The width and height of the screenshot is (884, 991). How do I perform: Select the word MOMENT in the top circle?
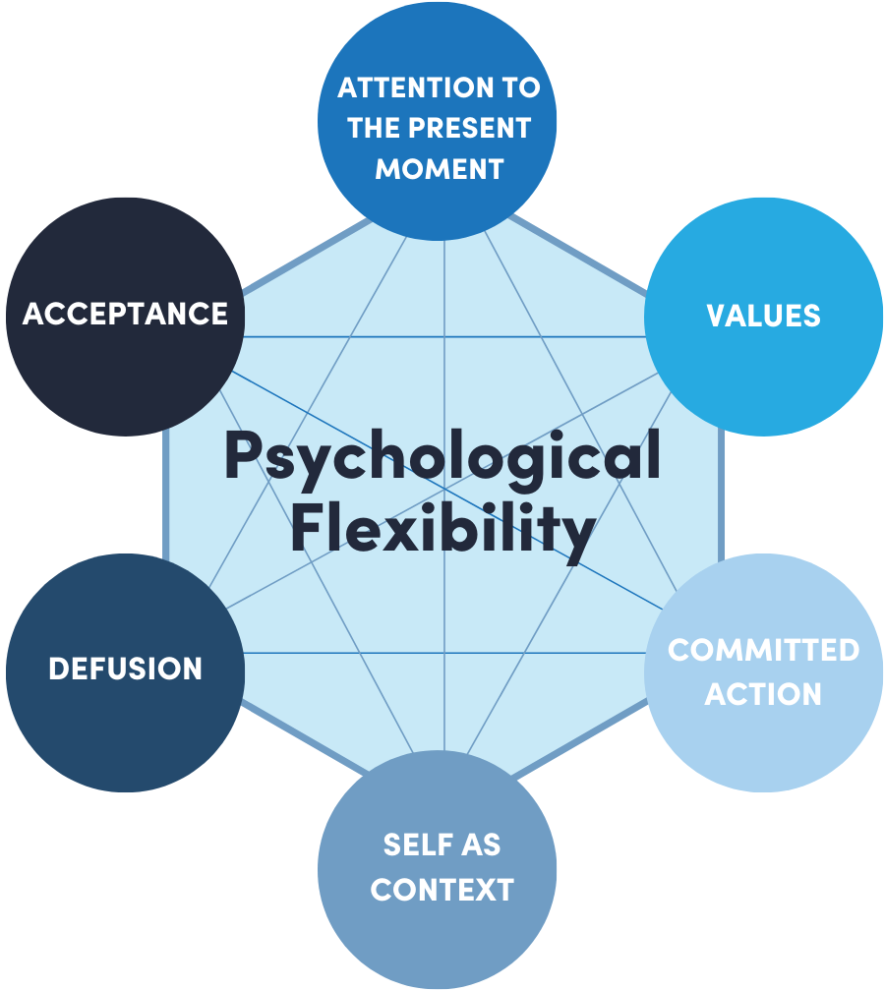(x=439, y=168)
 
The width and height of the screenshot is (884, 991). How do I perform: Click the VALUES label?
(x=763, y=316)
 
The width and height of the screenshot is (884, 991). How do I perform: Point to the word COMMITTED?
(x=763, y=650)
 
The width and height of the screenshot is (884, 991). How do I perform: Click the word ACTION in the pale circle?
(x=763, y=694)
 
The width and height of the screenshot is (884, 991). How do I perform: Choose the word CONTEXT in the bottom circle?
(x=442, y=890)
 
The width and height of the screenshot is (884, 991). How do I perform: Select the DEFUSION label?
(x=125, y=669)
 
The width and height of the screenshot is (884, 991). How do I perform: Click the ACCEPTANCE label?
(x=125, y=314)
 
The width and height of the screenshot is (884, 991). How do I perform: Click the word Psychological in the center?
(x=442, y=458)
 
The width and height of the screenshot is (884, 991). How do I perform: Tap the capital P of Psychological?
(x=245, y=456)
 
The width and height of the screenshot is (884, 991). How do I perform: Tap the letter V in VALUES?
(x=716, y=316)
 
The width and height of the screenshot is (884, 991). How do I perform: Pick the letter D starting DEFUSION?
(x=58, y=669)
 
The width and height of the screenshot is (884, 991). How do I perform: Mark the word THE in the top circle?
(x=372, y=128)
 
